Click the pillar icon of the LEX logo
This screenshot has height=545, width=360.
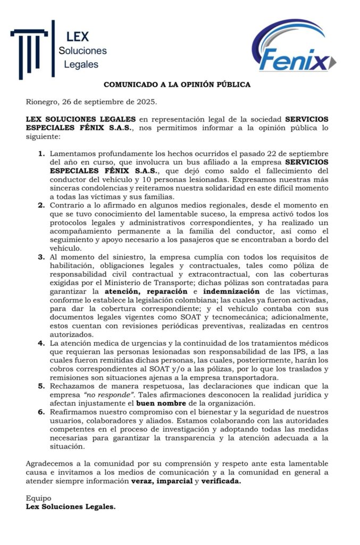32,49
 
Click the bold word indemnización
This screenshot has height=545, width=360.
232,292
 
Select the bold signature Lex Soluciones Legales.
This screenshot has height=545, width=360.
70,507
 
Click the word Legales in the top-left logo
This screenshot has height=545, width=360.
81,65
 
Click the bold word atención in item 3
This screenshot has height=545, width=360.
124,292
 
